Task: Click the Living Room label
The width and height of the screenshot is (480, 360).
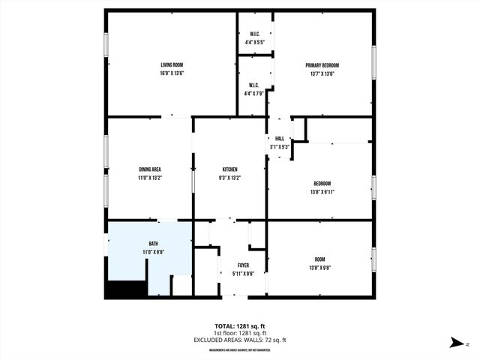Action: [x=172, y=65]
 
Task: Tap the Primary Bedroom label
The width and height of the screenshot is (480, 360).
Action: [x=322, y=65]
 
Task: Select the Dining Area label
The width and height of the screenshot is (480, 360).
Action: [x=150, y=169]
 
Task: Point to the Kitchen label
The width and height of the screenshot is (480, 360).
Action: [x=229, y=169]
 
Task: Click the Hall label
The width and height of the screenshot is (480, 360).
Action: [x=280, y=139]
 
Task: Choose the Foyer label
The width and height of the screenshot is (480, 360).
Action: [x=243, y=265]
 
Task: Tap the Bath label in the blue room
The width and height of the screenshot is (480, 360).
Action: [x=153, y=244]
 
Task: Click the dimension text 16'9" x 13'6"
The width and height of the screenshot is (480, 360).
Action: [x=172, y=73]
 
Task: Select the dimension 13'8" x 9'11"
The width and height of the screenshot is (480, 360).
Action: [x=322, y=192]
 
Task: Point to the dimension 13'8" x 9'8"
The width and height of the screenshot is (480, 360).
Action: [x=320, y=267]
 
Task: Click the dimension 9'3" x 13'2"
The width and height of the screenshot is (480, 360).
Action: [x=229, y=178]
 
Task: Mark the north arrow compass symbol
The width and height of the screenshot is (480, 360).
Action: [x=456, y=342]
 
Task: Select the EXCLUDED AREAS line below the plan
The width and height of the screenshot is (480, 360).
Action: [x=240, y=340]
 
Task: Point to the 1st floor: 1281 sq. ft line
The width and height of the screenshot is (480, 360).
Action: [x=240, y=333]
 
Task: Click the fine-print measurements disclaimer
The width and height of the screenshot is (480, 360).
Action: [x=240, y=349]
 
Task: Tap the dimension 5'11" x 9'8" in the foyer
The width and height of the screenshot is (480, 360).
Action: [x=243, y=274]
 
